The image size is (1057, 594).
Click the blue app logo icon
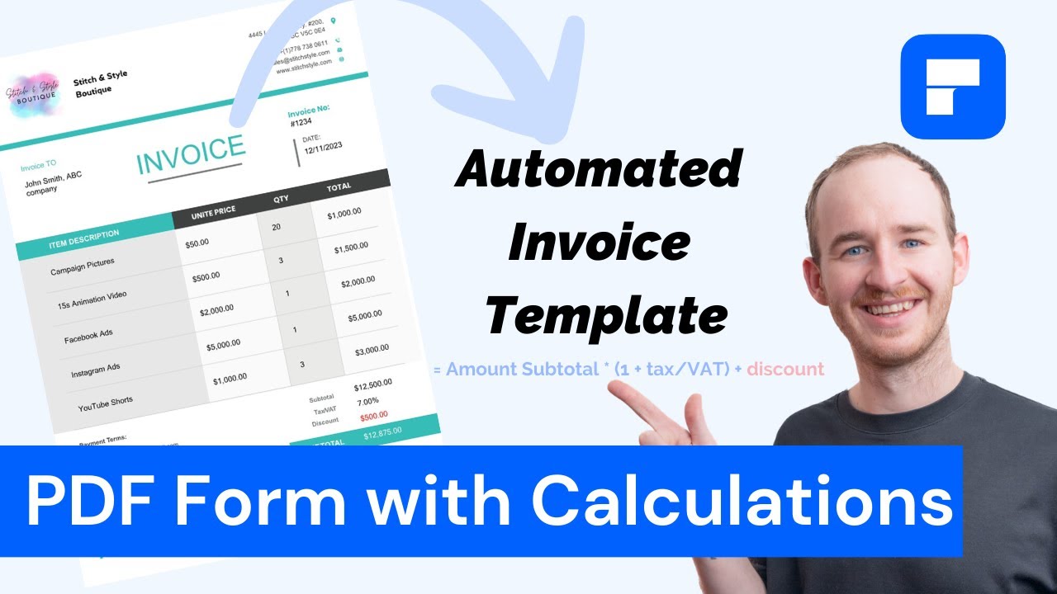tap(952, 87)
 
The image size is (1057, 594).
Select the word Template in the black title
tap(606, 316)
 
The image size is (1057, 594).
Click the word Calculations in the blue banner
tap(743, 502)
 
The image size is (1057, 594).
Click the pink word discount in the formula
tap(784, 369)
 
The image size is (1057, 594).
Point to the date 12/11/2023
tap(321, 149)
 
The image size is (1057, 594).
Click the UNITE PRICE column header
tap(213, 214)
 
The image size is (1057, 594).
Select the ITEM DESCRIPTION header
tap(83, 238)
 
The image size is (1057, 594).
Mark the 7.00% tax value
tap(367, 402)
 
